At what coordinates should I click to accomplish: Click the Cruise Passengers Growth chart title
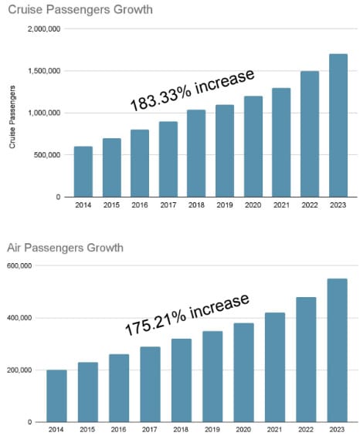(80, 10)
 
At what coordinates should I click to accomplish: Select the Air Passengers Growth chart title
(65, 248)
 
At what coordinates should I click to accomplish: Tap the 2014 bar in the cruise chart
(83, 171)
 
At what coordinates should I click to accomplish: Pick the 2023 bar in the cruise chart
(338, 126)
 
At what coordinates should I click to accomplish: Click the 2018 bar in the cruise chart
(196, 154)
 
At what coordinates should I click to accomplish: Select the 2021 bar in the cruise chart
(281, 142)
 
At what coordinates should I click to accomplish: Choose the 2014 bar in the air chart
(56, 396)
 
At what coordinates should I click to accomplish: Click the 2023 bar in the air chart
(337, 350)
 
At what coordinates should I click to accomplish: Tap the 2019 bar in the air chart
(212, 377)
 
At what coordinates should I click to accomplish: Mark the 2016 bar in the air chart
(119, 388)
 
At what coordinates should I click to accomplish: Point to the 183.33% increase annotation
(192, 90)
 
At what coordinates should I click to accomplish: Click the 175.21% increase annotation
(187, 314)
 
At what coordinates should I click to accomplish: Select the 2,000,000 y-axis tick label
(44, 29)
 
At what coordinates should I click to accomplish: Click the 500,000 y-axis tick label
(47, 155)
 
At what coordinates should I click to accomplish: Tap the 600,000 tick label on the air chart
(19, 265)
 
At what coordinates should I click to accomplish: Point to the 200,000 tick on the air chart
(19, 370)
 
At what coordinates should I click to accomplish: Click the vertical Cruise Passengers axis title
(12, 117)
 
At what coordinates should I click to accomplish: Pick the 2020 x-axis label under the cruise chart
(253, 205)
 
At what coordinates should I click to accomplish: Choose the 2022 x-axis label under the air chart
(306, 430)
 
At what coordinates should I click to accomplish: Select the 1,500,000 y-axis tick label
(44, 71)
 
